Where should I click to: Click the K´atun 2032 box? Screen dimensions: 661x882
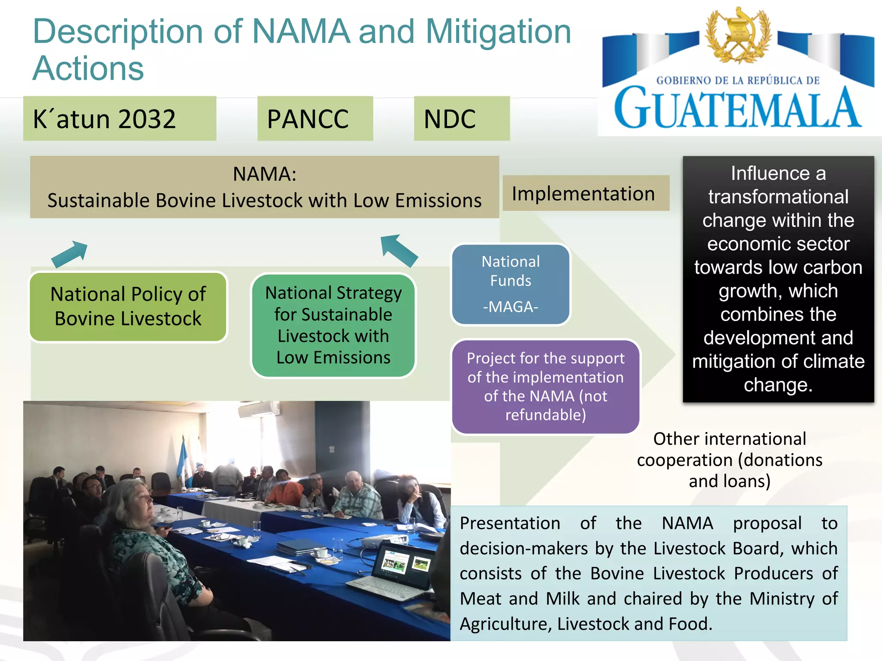(x=120, y=119)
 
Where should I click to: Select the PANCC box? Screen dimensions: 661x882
(x=315, y=119)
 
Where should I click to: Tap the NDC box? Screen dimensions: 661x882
(x=462, y=119)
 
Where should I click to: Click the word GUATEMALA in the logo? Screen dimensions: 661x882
(x=737, y=108)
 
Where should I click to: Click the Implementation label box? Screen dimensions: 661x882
(x=586, y=193)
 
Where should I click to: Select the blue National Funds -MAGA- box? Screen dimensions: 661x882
(x=511, y=284)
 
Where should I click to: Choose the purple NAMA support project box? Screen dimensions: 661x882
(x=546, y=386)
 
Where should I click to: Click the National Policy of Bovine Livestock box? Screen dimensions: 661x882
(x=128, y=306)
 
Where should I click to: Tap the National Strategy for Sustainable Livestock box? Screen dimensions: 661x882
(x=333, y=325)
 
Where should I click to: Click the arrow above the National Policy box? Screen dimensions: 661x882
(x=70, y=254)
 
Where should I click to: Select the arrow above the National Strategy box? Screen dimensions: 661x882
(x=399, y=250)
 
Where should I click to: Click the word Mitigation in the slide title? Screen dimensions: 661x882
(x=498, y=32)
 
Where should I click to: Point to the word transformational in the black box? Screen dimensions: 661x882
(x=778, y=197)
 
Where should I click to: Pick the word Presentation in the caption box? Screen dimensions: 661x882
(x=510, y=523)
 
